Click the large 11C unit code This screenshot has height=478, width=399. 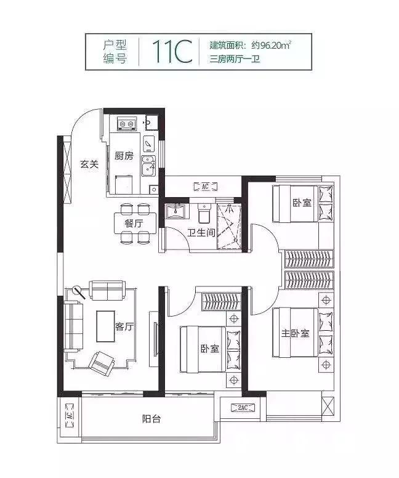(172, 52)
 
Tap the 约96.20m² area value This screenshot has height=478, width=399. (272, 46)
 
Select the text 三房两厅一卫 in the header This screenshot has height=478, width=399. (235, 59)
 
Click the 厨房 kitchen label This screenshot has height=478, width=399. (124, 156)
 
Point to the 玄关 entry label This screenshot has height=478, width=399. (90, 164)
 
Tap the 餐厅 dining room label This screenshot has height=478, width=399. (134, 224)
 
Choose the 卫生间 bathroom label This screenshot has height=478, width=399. (201, 233)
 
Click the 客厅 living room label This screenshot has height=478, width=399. (124, 326)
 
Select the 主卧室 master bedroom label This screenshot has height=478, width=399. (295, 333)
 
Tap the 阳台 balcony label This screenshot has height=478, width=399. (151, 419)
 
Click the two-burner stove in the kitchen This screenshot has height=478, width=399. (126, 124)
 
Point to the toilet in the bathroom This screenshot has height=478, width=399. (204, 213)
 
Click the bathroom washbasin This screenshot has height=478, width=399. (175, 211)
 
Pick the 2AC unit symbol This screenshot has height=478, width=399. (243, 408)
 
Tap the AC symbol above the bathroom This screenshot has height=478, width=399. (206, 186)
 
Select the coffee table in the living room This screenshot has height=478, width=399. (106, 326)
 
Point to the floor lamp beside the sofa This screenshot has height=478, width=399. (79, 292)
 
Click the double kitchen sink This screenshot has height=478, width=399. (148, 166)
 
